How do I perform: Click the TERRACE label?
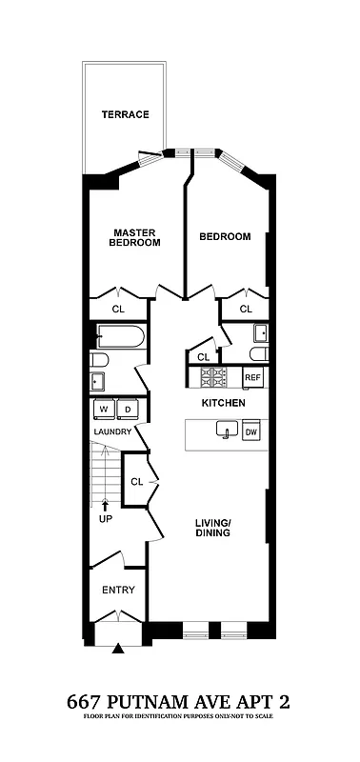click(x=126, y=114)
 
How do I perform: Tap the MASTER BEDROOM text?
click(x=135, y=237)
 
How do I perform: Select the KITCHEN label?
click(x=224, y=404)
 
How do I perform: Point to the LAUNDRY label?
click(x=111, y=431)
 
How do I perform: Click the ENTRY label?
click(x=119, y=590)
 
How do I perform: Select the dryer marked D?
click(x=128, y=409)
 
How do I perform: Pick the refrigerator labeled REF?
click(x=252, y=378)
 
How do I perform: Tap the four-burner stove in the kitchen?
click(x=210, y=377)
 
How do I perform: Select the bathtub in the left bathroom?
click(x=121, y=336)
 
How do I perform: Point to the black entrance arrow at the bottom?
click(x=118, y=649)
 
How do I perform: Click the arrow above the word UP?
click(x=105, y=506)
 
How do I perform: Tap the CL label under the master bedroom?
click(x=118, y=309)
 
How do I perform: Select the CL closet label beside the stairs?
click(x=136, y=482)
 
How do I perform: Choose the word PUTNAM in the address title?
click(x=158, y=702)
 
